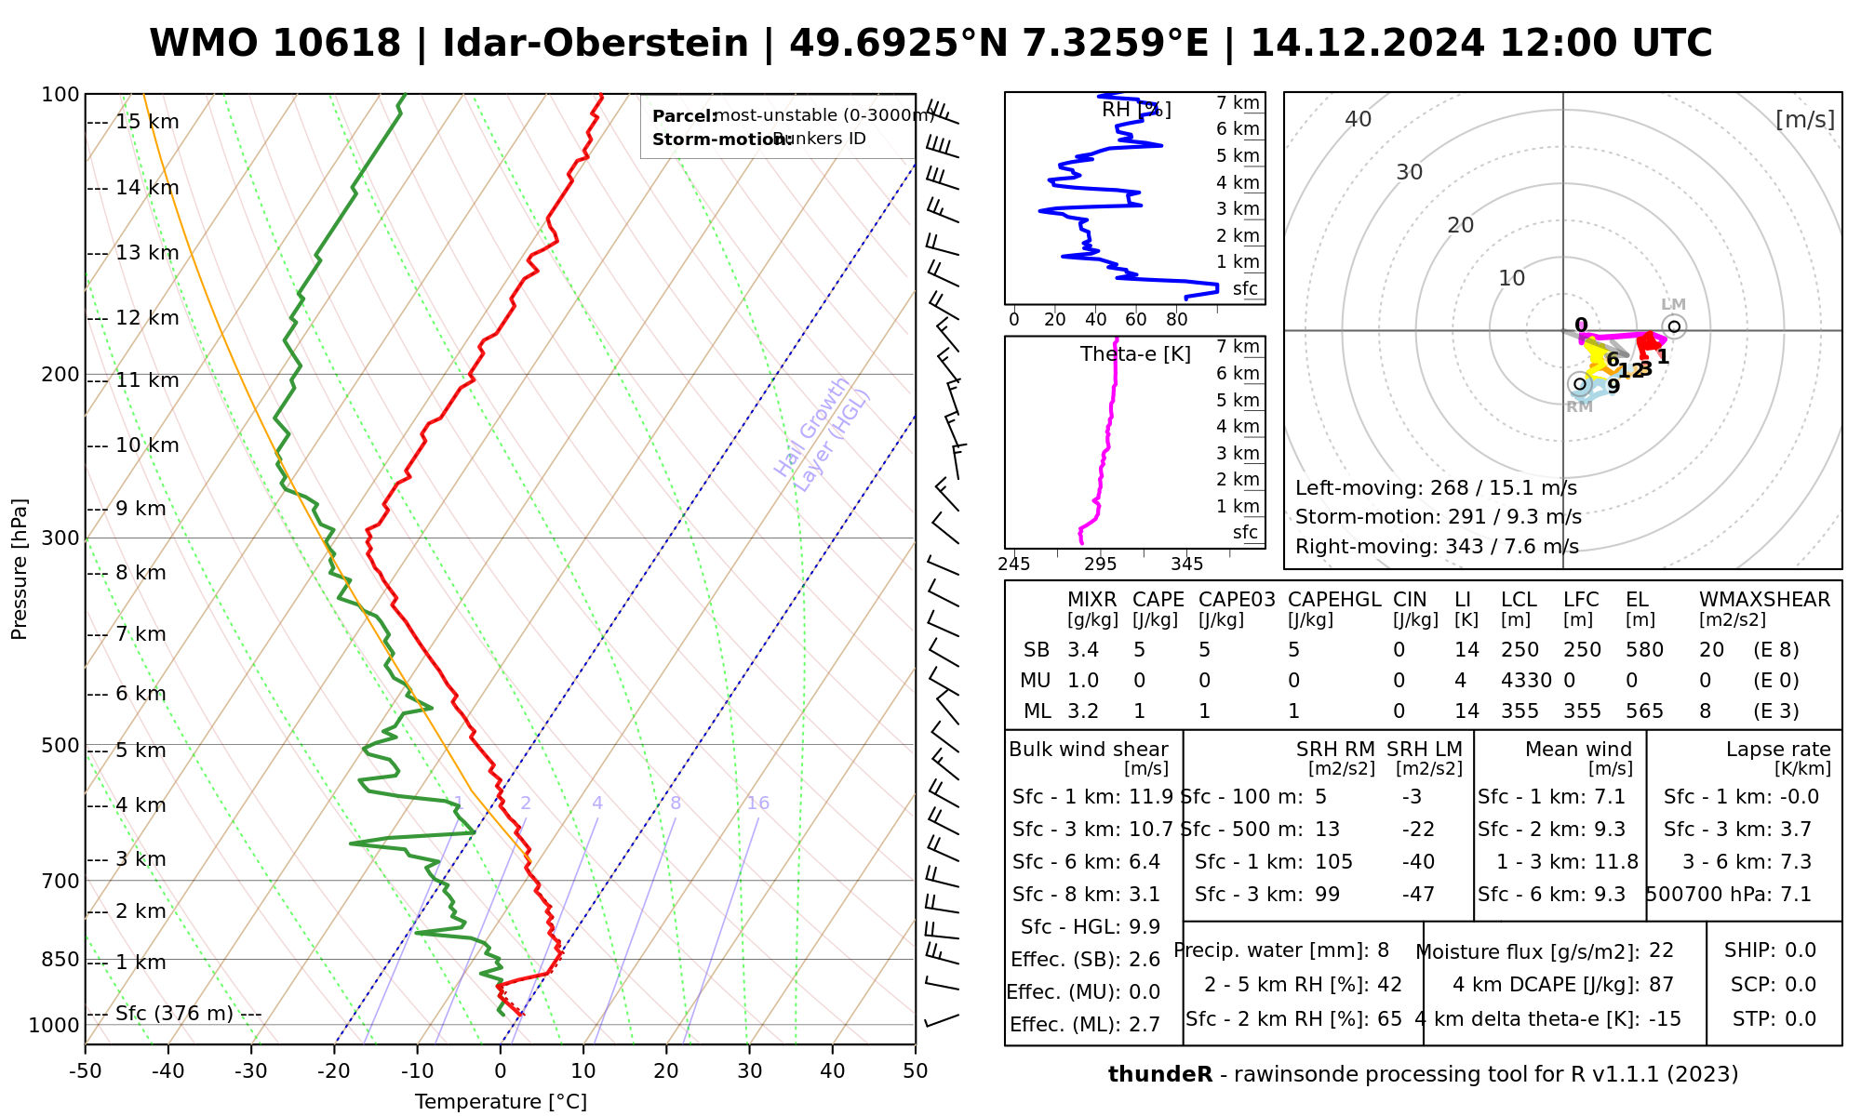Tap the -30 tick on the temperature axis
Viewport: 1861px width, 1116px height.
[251, 1071]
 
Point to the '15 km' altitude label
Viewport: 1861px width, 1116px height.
[147, 122]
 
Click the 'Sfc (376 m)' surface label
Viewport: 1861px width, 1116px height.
[174, 1013]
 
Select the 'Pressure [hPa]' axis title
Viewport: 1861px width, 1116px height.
[20, 569]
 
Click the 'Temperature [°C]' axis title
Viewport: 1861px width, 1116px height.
[501, 1102]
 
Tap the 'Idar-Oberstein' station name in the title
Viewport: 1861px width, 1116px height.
[596, 44]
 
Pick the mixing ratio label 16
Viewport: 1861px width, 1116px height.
[757, 804]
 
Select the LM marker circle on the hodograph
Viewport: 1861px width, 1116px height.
[1674, 326]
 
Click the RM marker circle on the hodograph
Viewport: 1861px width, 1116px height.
[1579, 384]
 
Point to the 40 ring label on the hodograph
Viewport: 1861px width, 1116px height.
[1359, 119]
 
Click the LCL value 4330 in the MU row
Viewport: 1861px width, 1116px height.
[1526, 680]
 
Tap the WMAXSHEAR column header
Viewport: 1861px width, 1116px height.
[1764, 600]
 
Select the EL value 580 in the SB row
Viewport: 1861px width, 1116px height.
[1644, 650]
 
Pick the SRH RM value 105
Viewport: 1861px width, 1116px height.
[1333, 862]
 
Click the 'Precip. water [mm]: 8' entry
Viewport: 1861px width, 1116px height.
[1281, 950]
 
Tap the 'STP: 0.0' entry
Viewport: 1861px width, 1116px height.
[1774, 1019]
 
